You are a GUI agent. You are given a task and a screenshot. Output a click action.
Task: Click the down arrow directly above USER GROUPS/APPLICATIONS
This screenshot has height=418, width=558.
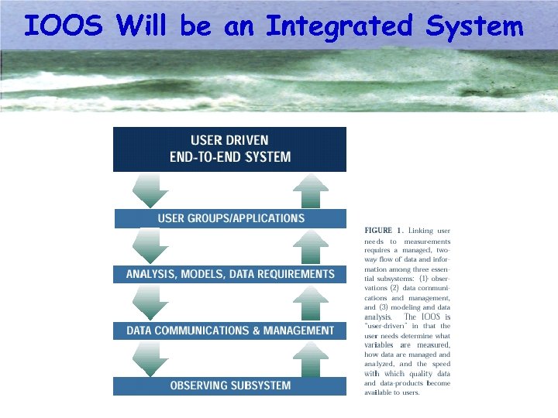(150, 190)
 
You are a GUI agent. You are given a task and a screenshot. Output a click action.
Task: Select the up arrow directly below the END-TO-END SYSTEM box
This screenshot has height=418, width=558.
(311, 190)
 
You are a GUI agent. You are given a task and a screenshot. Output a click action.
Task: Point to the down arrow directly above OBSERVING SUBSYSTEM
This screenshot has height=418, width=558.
(150, 358)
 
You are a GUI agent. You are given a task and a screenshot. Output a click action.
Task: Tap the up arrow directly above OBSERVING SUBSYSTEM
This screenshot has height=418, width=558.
(311, 358)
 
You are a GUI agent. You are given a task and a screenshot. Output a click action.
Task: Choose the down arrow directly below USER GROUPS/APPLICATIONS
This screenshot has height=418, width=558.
(150, 246)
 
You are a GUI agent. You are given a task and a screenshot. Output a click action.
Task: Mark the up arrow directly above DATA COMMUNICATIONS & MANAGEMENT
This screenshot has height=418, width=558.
(311, 302)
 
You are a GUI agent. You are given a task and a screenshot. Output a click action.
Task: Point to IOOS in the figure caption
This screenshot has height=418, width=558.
(431, 317)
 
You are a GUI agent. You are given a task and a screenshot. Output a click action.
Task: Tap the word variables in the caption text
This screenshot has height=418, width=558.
(380, 345)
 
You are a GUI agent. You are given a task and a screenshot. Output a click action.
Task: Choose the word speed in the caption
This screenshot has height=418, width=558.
(439, 364)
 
